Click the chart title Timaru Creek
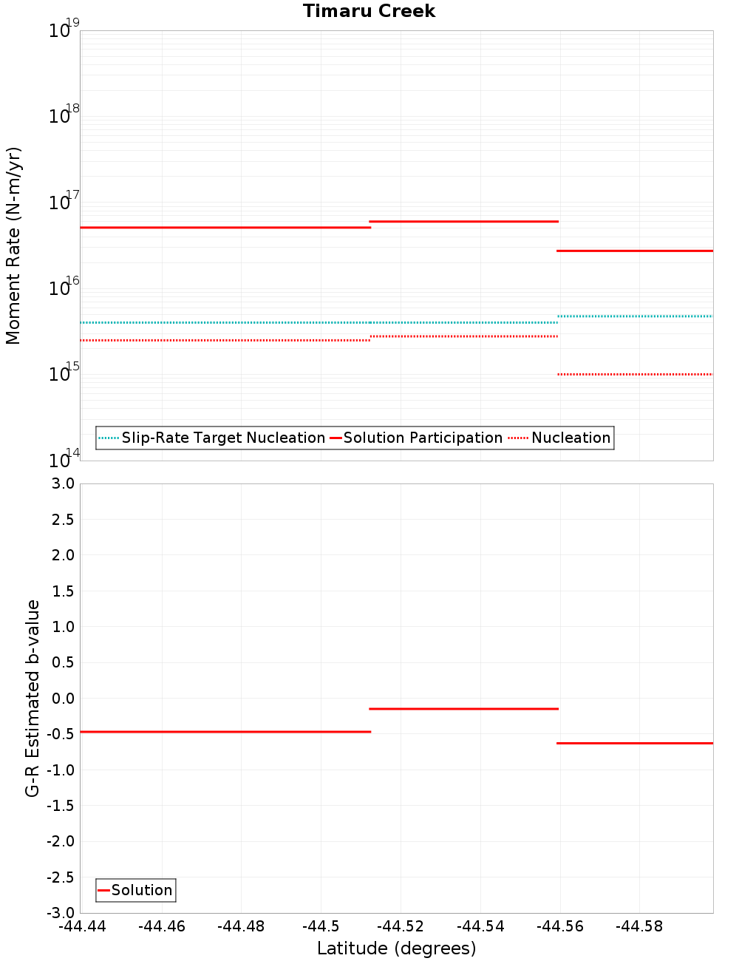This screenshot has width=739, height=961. pyautogui.click(x=369, y=11)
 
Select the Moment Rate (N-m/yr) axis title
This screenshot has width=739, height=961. pyautogui.click(x=13, y=245)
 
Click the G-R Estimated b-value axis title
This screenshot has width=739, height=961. pyautogui.click(x=33, y=698)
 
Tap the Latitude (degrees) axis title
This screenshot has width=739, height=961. pyautogui.click(x=396, y=948)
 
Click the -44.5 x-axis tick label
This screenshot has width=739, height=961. pyautogui.click(x=321, y=926)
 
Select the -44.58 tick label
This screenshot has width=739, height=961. pyautogui.click(x=639, y=926)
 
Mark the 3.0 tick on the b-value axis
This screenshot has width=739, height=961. pyautogui.click(x=61, y=483)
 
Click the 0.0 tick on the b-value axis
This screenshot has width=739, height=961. pyautogui.click(x=61, y=698)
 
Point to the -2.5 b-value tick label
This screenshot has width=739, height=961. pyautogui.click(x=59, y=877)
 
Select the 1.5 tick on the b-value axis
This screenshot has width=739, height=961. pyautogui.click(x=61, y=591)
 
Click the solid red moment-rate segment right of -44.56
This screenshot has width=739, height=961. pyautogui.click(x=636, y=251)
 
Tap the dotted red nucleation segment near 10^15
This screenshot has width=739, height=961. pyautogui.click(x=636, y=374)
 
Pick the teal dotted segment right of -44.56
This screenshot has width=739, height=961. pyautogui.click(x=636, y=316)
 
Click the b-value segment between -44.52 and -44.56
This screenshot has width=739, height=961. pyautogui.click(x=463, y=709)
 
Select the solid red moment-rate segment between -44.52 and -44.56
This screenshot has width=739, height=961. pyautogui.click(x=463, y=221)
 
